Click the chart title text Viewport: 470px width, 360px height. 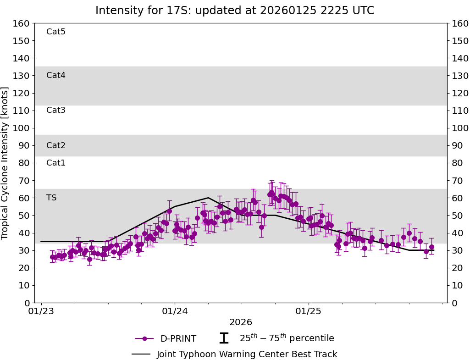[235, 11]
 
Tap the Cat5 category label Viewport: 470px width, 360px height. [56, 32]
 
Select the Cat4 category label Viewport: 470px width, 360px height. [56, 75]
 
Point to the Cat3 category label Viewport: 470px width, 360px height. [56, 110]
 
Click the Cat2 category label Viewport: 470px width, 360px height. [56, 145]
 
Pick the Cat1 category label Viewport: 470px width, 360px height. [56, 163]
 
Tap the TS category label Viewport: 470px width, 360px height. [51, 198]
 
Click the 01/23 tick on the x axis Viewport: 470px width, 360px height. [41, 310]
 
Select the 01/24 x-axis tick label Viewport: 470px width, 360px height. [175, 310]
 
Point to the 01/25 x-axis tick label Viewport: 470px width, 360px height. [308, 310]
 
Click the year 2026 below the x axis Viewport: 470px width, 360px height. [241, 322]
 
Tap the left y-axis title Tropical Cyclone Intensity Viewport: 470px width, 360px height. [6, 163]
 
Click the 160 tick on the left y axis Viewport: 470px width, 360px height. [22, 23]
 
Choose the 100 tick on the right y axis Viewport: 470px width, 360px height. [459, 128]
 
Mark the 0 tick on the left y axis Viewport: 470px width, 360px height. [27, 303]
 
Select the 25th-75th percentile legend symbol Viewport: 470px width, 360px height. [224, 338]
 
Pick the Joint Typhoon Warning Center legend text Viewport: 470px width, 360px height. [247, 354]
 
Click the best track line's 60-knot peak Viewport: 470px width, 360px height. [208, 198]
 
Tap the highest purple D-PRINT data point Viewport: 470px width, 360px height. [271, 193]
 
